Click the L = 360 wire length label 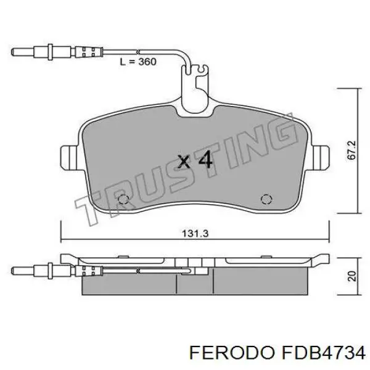pos(138,62)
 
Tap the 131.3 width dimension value pos(195,234)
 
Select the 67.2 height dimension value pos(351,150)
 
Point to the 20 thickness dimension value pos(351,276)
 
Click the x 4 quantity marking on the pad pos(195,160)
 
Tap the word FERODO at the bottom pos(232,353)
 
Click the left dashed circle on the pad pos(123,199)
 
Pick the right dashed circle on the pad pos(266,199)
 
